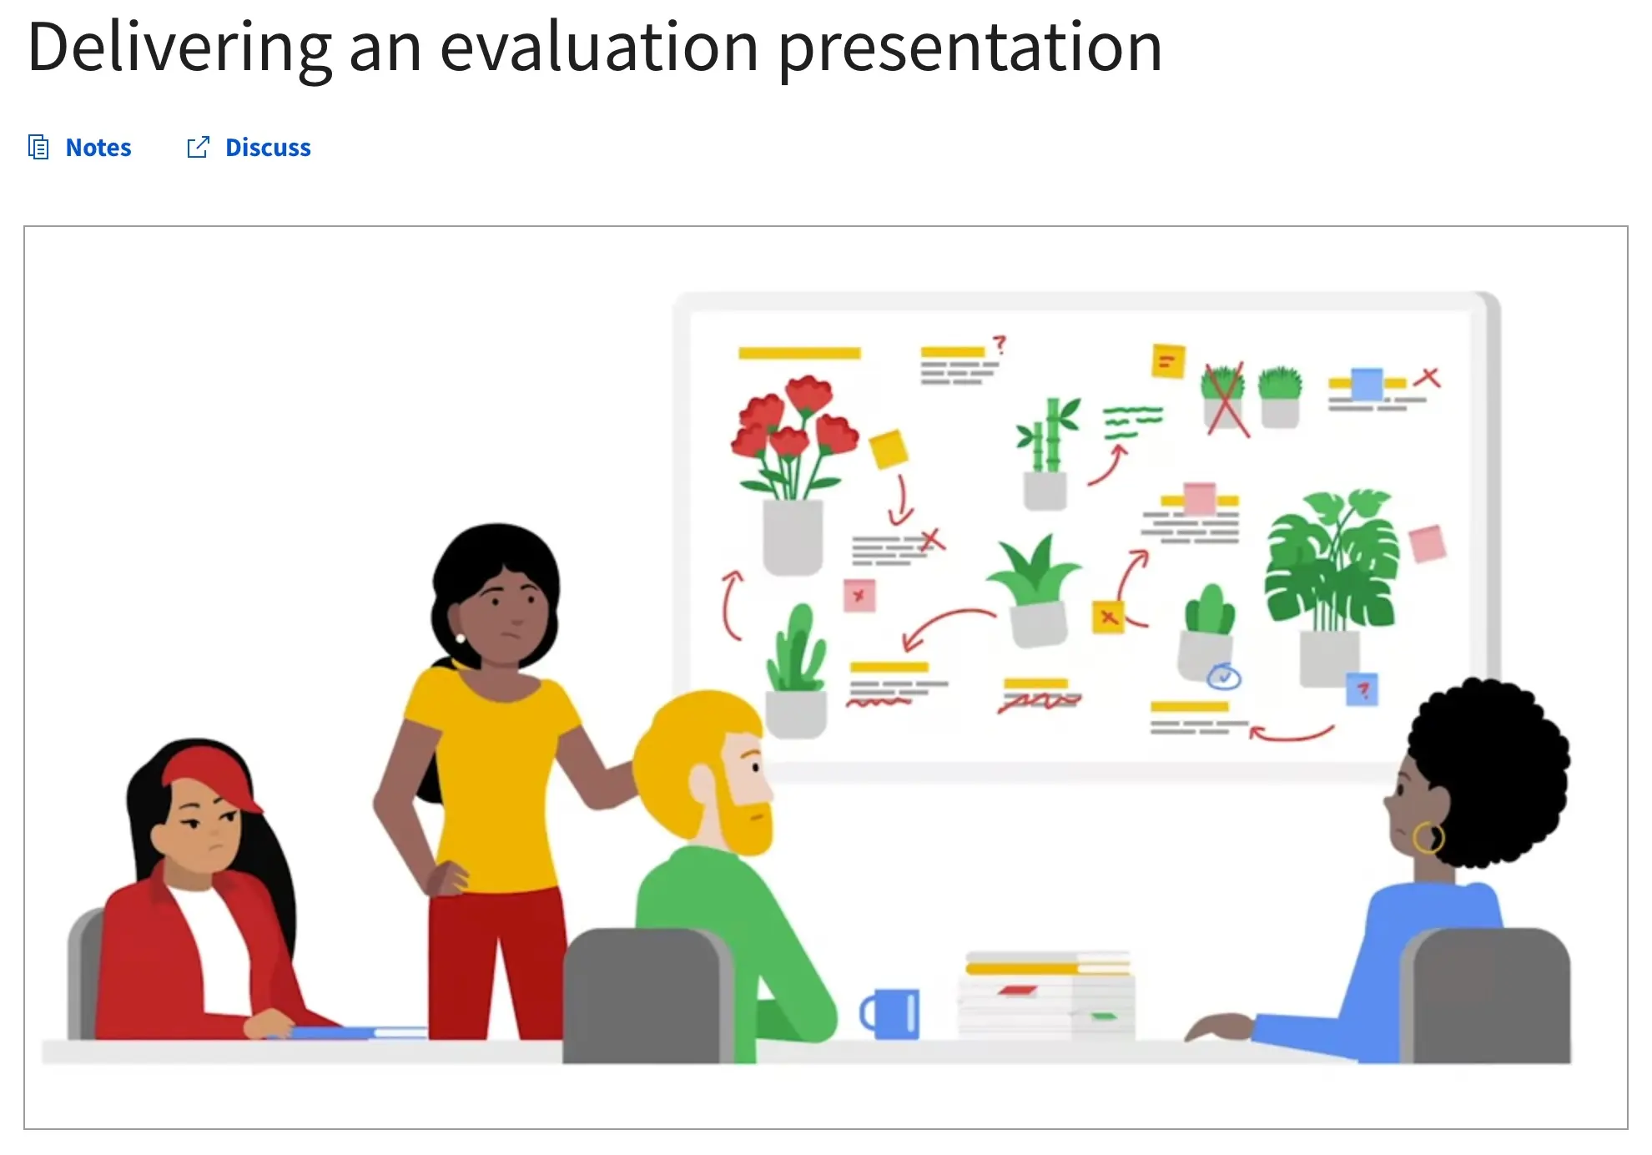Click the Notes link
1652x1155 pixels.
tap(98, 148)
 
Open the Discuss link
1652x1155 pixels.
tap(268, 148)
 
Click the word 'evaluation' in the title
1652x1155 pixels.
tap(600, 47)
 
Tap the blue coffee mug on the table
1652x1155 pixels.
tap(890, 1014)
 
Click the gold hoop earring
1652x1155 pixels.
tap(1428, 837)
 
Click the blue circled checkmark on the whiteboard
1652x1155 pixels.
tap(1224, 676)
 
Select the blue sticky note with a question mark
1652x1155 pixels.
tap(1362, 689)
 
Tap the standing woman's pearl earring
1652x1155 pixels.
tap(460, 639)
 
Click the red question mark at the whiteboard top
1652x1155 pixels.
tap(1000, 345)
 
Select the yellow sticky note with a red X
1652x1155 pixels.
tap(1108, 618)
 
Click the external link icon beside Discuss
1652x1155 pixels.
tap(198, 148)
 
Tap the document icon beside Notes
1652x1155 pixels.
tap(38, 147)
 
